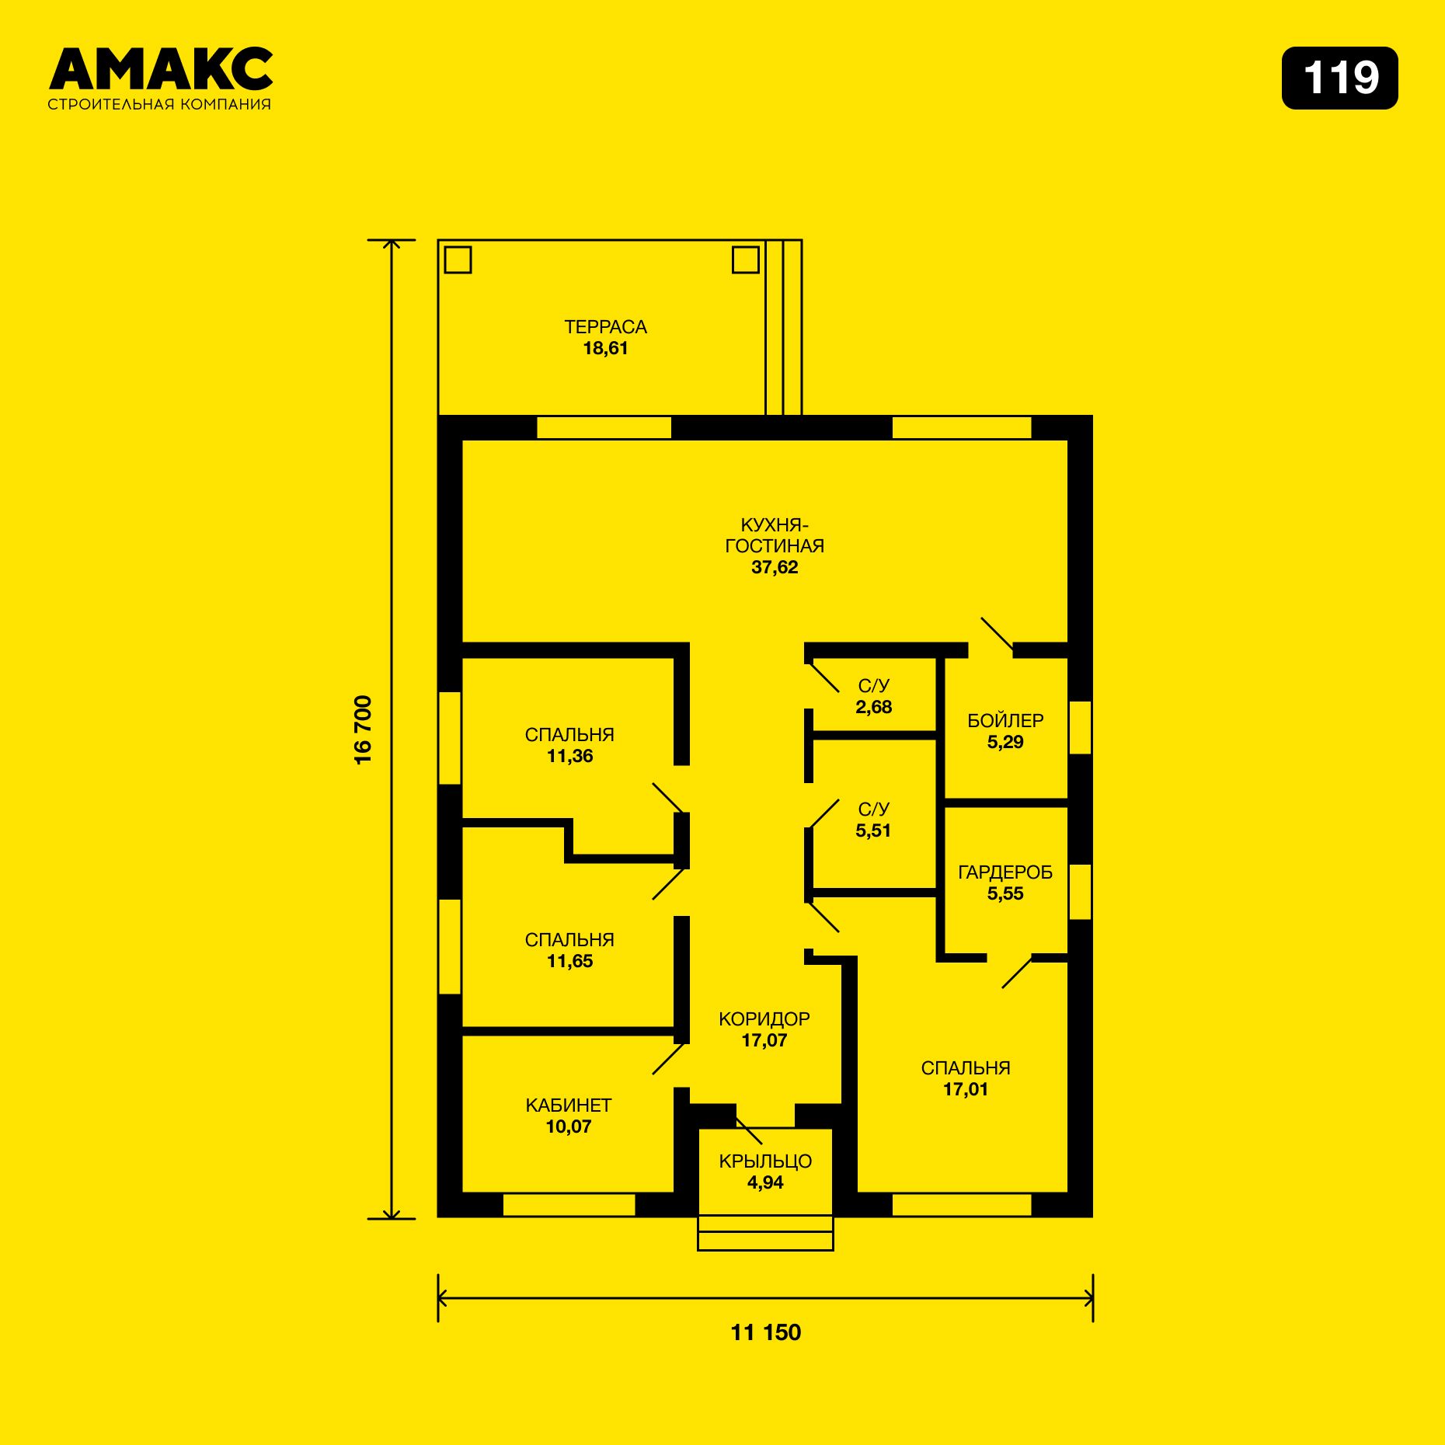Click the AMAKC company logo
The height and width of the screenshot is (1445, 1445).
[160, 78]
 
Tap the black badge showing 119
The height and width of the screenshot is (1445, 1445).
[1339, 78]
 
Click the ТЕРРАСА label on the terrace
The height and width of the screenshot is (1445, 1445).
[605, 327]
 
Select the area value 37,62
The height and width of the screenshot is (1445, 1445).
[775, 567]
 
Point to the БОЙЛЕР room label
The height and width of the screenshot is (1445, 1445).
[1005, 721]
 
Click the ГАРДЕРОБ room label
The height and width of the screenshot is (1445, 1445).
[1005, 872]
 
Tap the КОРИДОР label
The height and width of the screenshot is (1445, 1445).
[764, 1019]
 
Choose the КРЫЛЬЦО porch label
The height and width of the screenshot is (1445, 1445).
[765, 1161]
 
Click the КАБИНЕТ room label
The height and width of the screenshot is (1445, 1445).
[569, 1106]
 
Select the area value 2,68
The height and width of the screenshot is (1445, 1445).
[874, 707]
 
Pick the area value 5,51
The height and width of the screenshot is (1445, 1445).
[874, 830]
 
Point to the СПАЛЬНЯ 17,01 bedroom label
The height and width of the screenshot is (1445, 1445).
[966, 1078]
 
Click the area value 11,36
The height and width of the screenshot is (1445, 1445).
[569, 756]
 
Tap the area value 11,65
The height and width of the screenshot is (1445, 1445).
[569, 961]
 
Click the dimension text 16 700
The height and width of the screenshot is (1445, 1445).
[363, 730]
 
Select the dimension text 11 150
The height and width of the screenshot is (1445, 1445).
[766, 1332]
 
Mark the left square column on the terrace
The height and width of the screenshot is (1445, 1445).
[458, 259]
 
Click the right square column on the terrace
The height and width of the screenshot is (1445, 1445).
[746, 259]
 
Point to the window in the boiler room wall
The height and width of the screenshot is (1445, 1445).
[1081, 728]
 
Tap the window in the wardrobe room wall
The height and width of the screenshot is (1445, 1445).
[1081, 892]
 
